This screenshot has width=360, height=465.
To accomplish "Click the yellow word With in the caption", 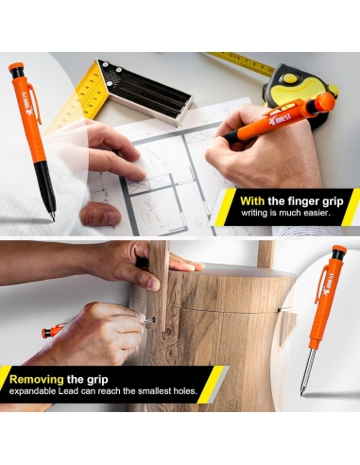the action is coord(252,201).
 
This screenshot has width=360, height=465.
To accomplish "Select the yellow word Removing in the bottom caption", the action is coord(37,379).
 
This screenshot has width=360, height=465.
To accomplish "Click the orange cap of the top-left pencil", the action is coord(16,66).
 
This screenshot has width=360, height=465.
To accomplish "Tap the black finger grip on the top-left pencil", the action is coord(45,186).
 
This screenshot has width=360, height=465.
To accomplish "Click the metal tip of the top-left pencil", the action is coord(52,216).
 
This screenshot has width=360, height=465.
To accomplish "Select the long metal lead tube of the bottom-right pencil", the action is coord(306,370).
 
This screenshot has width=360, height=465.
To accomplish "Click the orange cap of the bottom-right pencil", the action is coord(339,250).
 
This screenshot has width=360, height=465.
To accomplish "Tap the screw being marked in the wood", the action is coord(149,320).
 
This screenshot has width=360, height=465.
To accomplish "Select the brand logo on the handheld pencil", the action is coord(280,119).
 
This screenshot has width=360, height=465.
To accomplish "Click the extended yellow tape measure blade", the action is coord(241,62).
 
